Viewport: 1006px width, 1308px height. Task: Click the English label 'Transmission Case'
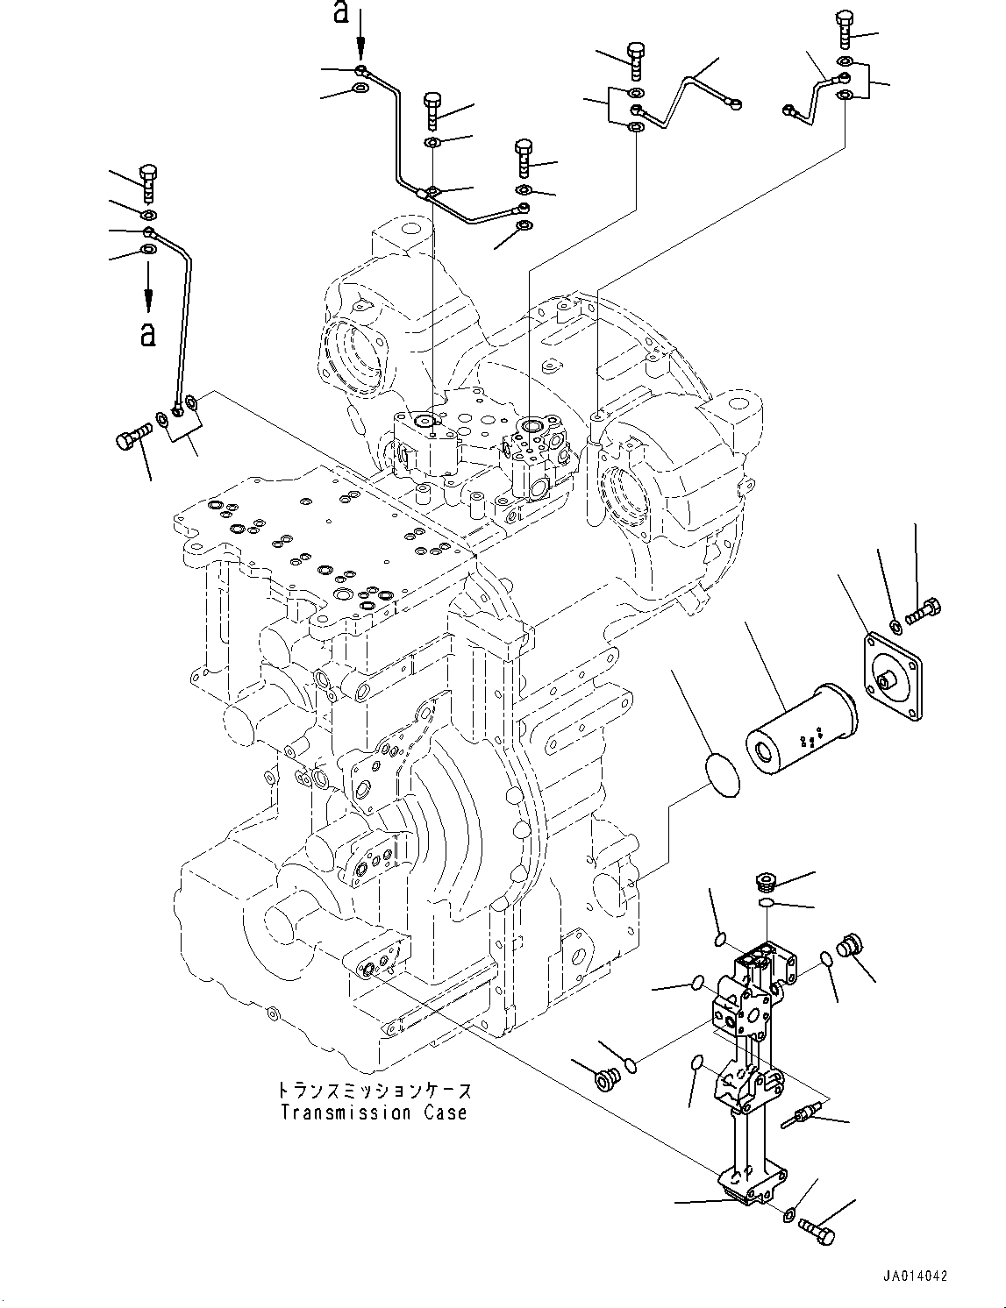point(374,1113)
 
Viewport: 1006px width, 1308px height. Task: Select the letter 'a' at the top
point(341,11)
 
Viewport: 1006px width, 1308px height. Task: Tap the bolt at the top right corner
point(845,28)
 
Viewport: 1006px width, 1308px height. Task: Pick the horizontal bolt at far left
point(133,433)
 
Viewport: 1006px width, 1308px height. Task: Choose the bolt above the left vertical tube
point(147,183)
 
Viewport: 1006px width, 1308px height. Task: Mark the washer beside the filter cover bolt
point(895,627)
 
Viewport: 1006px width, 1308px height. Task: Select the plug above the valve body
point(763,882)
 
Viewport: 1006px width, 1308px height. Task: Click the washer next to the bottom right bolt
point(791,1212)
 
